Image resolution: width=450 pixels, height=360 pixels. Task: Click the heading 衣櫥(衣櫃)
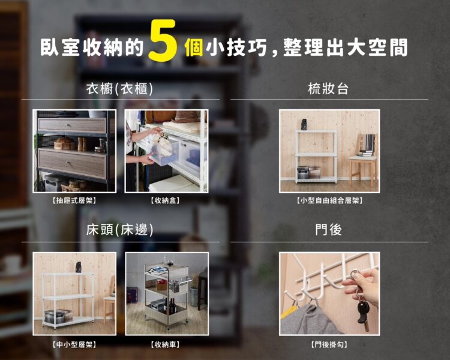[x=119, y=89]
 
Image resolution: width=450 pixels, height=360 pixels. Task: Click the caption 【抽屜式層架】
[x=74, y=200]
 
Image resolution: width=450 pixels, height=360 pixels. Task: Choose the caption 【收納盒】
[x=166, y=200]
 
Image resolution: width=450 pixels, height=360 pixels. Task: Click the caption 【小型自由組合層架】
[x=329, y=200]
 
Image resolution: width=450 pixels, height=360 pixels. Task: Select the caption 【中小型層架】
[x=74, y=344]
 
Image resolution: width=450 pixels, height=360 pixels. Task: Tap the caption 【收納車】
[x=166, y=344]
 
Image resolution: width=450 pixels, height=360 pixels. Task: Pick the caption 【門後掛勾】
[x=329, y=344]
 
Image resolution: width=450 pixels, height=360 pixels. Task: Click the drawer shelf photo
[x=74, y=151]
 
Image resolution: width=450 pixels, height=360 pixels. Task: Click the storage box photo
[x=166, y=151]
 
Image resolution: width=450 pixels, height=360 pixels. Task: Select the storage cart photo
[x=166, y=293]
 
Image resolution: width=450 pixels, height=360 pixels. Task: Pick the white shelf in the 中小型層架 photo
[x=67, y=298]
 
